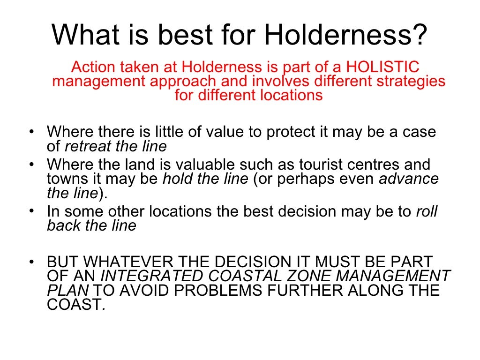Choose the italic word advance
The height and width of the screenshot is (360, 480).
pos(409,179)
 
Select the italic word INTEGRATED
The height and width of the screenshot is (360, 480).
pos(154,276)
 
